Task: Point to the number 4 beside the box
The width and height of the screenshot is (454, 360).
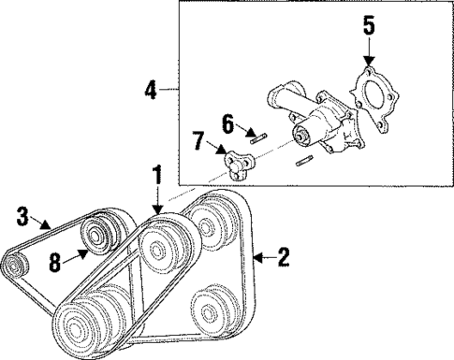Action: pos(151,90)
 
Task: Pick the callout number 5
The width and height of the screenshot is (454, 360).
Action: pos(367,21)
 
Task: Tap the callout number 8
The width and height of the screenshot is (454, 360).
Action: pos(56,264)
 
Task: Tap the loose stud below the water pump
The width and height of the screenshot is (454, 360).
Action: pos(301,166)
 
